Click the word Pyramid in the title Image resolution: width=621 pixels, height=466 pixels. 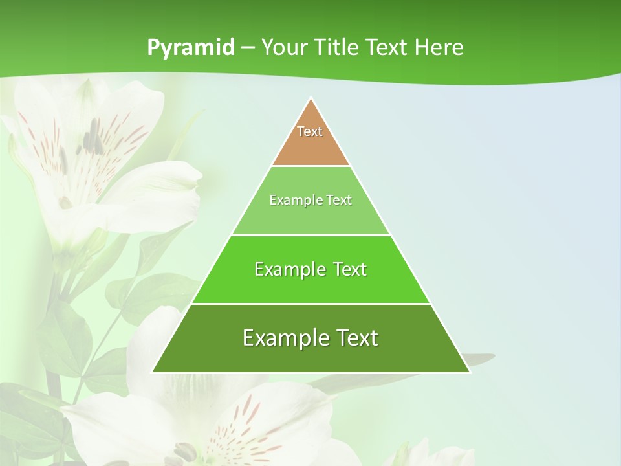[190, 48]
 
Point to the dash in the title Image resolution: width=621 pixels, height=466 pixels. [247, 48]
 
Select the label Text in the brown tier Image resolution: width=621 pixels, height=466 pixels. [310, 131]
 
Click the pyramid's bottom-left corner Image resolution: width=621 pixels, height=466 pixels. [153, 372]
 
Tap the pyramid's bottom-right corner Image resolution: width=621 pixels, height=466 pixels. [469, 372]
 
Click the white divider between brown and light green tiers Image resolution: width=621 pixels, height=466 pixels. [310, 166]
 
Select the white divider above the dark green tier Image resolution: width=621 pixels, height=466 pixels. [310, 304]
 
